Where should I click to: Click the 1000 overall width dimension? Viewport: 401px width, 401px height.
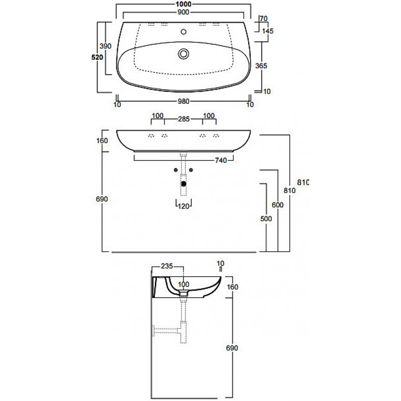[183, 4]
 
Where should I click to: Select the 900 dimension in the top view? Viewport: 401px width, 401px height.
[183, 12]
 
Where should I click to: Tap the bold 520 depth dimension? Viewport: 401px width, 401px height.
[97, 57]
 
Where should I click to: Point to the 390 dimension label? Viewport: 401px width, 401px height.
[105, 46]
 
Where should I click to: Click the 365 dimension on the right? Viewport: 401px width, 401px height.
[261, 66]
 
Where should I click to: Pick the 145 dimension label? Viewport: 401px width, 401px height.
[268, 31]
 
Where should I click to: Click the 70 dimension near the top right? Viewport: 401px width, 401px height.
[264, 19]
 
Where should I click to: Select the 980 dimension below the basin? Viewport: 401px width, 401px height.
[183, 102]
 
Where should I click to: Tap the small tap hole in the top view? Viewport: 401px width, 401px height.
[183, 32]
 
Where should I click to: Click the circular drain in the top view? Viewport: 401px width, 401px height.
[183, 54]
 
